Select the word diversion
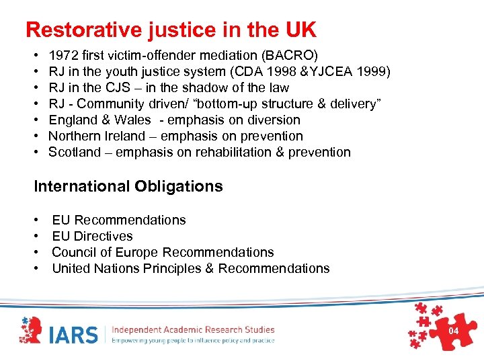pos(273,120)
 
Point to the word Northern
pos(74,136)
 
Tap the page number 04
pos(453,331)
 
